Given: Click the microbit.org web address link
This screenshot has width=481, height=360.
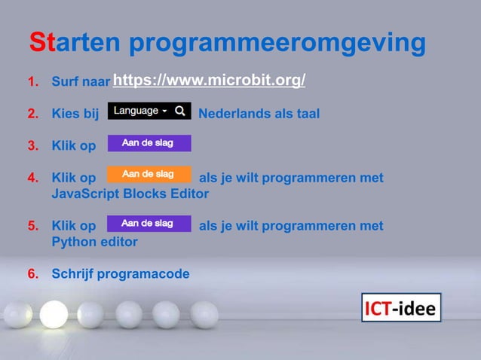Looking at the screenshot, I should click(209, 81).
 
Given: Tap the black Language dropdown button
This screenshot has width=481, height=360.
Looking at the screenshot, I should click(141, 111).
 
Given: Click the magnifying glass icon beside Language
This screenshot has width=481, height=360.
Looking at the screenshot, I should click(180, 111).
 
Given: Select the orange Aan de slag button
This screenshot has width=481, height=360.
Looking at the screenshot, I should click(149, 174).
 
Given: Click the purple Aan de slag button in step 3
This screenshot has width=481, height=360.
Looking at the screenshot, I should click(149, 143).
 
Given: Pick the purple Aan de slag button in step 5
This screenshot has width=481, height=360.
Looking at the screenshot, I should click(149, 224).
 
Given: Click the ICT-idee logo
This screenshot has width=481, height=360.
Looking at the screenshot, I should click(400, 307).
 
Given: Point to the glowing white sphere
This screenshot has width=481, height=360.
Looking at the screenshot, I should click(54, 313).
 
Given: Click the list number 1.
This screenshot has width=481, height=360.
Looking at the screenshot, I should click(33, 81).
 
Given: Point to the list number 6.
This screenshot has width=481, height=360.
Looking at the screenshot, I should click(33, 273).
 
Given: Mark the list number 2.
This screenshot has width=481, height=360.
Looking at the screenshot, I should click(33, 114).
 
